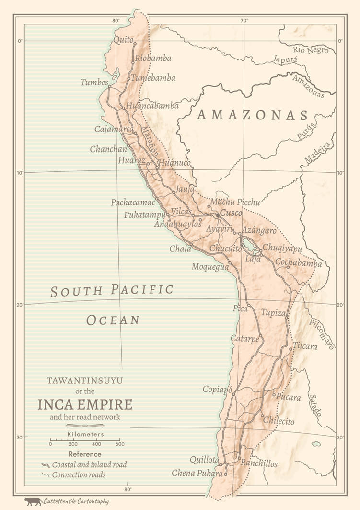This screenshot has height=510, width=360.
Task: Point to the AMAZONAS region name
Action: pyautogui.click(x=253, y=115)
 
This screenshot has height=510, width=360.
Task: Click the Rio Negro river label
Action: pyautogui.click(x=311, y=49)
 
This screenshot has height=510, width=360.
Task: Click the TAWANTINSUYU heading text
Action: pyautogui.click(x=85, y=380)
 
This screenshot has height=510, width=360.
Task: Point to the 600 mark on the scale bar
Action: pyautogui.click(x=119, y=444)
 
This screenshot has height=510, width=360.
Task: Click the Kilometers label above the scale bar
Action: pyautogui.click(x=85, y=435)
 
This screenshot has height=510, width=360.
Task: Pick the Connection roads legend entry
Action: pyautogui.click(x=79, y=475)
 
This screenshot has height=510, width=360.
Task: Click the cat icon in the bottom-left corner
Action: pyautogui.click(x=33, y=501)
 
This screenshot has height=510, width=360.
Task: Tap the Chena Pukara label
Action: pyautogui.click(x=197, y=474)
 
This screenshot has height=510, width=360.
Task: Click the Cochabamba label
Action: pyautogui.click(x=298, y=263)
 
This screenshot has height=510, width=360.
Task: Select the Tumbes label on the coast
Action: pyautogui.click(x=94, y=83)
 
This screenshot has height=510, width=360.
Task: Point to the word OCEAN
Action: pyautogui.click(x=113, y=320)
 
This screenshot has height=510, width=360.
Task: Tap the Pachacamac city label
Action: pyautogui.click(x=133, y=202)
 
